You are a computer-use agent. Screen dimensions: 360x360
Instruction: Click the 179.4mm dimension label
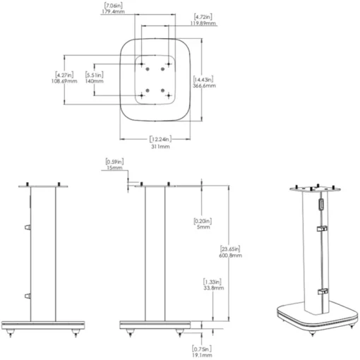114,11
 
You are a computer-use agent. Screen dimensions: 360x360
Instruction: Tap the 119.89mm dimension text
203,23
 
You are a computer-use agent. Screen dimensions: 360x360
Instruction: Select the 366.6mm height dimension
204,85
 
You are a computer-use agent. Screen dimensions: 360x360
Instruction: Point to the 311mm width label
160,146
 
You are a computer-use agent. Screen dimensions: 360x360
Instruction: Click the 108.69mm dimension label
64,81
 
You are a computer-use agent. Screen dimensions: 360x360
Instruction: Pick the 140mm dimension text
94,81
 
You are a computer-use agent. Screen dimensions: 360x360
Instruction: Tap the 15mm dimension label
114,168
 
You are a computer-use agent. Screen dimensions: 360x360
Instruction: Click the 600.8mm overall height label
230,256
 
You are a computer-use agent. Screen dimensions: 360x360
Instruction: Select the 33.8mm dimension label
214,288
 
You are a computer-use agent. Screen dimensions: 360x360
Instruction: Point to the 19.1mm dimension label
202,355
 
